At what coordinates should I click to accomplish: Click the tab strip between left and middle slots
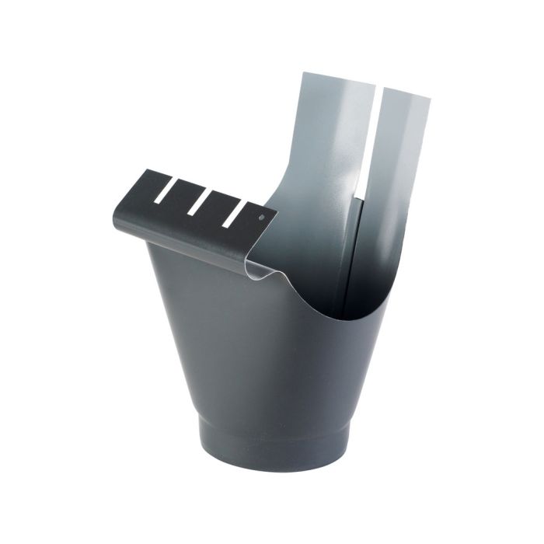coord(180,204)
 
